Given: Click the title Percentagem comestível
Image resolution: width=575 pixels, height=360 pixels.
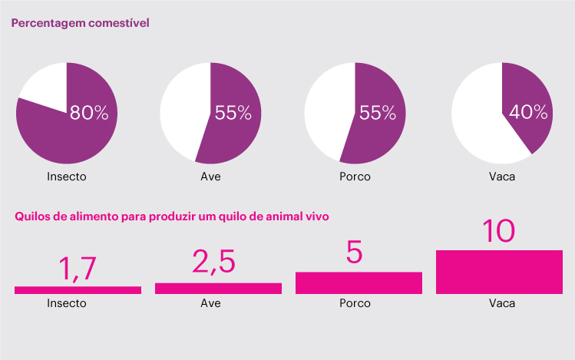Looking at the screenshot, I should click(79, 23).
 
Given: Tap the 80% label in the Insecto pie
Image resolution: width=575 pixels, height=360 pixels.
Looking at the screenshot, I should click(89, 114).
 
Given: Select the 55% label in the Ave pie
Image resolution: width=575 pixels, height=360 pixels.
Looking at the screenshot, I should click(233, 114).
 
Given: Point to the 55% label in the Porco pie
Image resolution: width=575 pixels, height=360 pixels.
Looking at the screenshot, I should click(377, 114).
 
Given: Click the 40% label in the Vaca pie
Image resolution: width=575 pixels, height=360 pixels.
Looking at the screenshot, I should click(528, 113).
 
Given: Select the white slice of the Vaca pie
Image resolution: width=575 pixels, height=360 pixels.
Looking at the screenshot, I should click(476, 115).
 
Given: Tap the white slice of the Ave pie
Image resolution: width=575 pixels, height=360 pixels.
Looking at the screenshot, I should click(180, 111).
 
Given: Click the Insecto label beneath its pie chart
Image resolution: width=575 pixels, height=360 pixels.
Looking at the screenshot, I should click(67, 177).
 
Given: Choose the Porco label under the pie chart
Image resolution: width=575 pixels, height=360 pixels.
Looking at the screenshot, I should click(355, 177).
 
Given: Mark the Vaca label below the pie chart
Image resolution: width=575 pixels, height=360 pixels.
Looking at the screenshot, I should click(502, 177).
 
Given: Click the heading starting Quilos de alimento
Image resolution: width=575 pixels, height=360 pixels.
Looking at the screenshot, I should click(172, 216).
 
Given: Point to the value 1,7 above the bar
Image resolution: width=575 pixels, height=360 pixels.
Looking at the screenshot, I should click(77, 269).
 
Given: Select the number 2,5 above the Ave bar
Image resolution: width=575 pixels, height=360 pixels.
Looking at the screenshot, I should click(213, 262).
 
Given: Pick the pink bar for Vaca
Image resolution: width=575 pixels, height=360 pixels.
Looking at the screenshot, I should click(500, 272).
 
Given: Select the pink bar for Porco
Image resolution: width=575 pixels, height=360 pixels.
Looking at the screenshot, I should click(359, 282).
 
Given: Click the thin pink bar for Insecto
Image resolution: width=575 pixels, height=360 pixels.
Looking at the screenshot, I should click(78, 289).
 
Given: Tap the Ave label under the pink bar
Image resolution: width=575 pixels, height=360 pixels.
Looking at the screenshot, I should click(210, 303).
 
